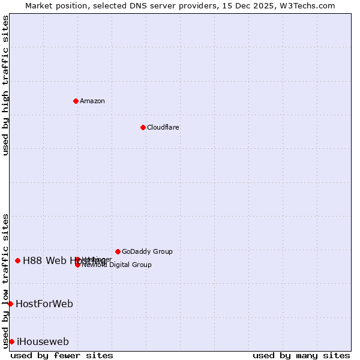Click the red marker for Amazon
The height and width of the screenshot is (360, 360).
[x=76, y=101]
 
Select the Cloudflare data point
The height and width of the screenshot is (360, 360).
[x=143, y=127]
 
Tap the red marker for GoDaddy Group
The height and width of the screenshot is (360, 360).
[x=118, y=251]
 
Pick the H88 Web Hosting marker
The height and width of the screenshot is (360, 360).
[x=18, y=260]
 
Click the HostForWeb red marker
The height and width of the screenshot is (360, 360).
[x=10, y=304]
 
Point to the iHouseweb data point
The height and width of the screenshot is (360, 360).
[x=11, y=341]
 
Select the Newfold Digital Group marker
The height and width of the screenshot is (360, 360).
[x=77, y=265]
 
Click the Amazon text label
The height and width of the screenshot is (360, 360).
[x=92, y=101]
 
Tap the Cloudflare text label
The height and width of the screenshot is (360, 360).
[x=163, y=127]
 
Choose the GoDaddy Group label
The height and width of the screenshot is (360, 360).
[x=147, y=251]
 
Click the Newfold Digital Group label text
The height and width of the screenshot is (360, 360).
[x=116, y=265]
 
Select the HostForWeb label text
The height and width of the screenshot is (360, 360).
[x=44, y=304]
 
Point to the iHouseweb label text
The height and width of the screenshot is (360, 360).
[x=43, y=342]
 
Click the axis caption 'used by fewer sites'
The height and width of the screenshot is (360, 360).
[x=62, y=355]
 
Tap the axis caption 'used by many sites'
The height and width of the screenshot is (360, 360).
[x=301, y=355]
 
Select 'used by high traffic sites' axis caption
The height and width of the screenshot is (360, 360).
[x=5, y=85]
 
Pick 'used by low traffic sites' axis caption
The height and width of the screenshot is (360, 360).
[x=5, y=280]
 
